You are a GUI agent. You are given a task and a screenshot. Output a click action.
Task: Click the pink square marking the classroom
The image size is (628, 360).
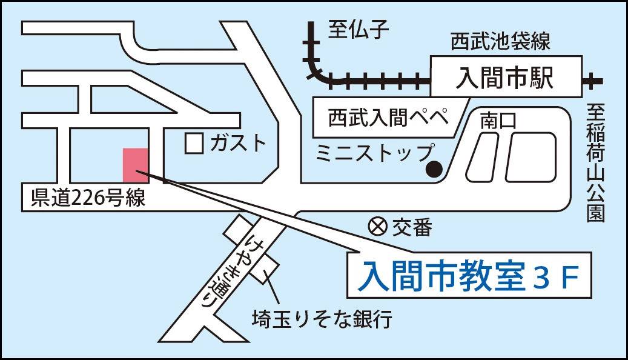[135, 164]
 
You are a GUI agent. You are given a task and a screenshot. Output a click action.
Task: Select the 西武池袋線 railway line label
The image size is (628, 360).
[500, 42]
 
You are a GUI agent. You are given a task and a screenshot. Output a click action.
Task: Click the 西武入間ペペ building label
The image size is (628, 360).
[388, 116]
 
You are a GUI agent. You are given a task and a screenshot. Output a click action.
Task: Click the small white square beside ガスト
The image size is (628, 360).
[194, 143]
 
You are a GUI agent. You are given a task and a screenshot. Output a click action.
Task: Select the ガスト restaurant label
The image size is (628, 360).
[237, 143]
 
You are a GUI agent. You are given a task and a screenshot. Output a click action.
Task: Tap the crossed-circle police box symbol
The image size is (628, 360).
[377, 227]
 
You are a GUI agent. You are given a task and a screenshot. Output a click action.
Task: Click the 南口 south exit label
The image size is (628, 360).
[498, 121]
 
